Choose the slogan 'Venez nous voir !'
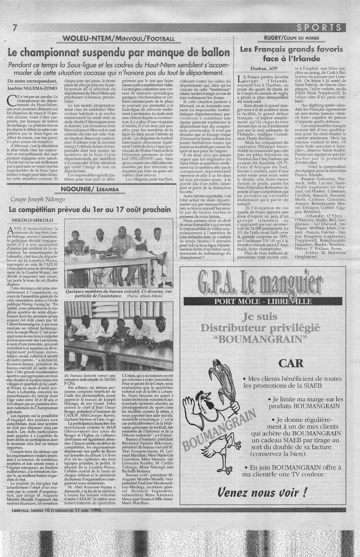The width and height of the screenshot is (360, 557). (263, 492)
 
